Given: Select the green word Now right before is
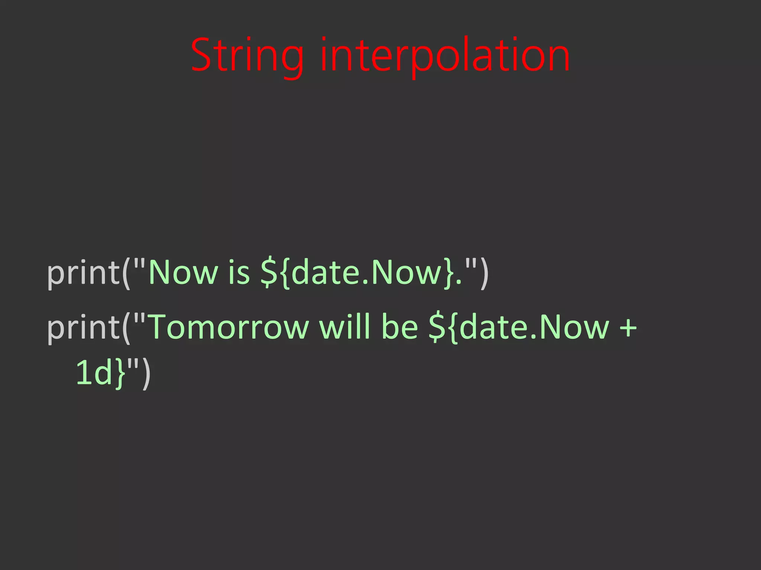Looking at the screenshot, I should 183,273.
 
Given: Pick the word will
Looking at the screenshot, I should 344,327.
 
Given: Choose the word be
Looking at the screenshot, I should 400,327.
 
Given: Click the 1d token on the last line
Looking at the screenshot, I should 94,373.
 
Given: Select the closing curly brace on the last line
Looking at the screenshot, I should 120,374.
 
